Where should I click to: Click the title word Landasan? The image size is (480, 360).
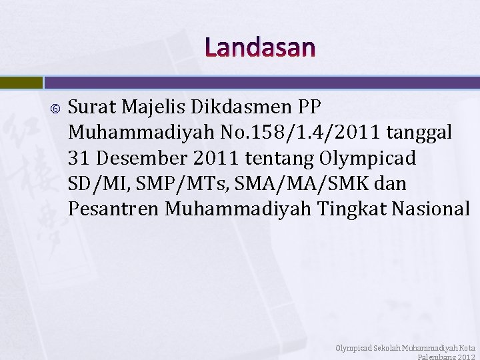260,48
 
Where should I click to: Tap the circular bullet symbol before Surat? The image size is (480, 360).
54,107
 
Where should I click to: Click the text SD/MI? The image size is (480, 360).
93,183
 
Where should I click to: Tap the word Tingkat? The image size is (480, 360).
350,209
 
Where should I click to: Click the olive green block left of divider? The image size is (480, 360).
21,83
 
